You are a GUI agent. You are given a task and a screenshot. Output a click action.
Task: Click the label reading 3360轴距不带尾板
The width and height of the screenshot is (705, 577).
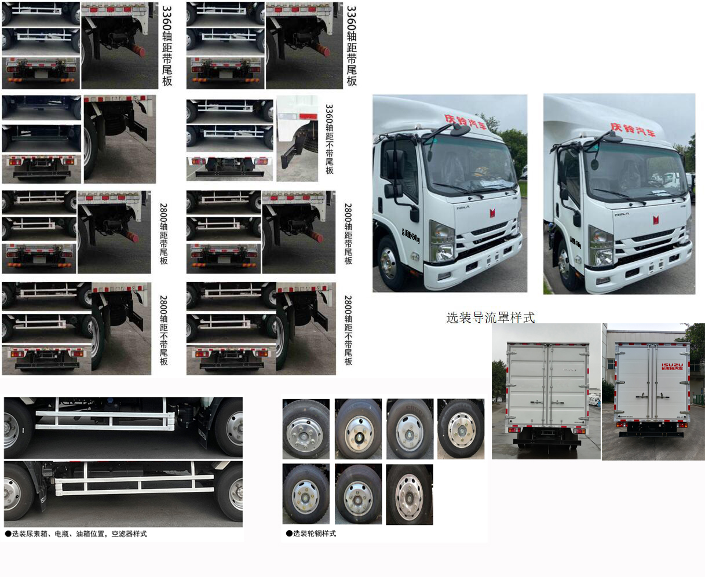[329, 139]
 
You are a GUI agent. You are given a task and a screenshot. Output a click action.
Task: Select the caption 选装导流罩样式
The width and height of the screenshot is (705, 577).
[490, 317]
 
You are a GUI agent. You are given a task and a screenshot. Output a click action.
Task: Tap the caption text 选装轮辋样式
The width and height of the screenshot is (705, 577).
[315, 534]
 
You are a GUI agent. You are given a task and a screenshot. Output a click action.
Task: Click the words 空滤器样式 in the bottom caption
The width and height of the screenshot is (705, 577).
[129, 534]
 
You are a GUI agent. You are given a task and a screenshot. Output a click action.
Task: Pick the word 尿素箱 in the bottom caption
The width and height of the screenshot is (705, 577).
[36, 534]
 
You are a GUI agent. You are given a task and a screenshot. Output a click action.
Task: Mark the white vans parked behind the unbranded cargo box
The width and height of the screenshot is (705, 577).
[595, 400]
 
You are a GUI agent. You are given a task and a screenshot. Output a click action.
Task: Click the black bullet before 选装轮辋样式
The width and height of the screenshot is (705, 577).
[289, 534]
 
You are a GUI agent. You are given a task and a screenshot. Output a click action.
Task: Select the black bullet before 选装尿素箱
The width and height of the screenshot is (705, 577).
[8, 534]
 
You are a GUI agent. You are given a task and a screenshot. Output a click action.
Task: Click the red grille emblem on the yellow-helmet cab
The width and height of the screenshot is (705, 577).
[492, 213]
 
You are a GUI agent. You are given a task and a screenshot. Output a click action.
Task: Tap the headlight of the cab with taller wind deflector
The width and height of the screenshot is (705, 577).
[601, 246]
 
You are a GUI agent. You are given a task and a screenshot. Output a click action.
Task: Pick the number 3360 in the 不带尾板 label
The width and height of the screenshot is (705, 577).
[329, 114]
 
